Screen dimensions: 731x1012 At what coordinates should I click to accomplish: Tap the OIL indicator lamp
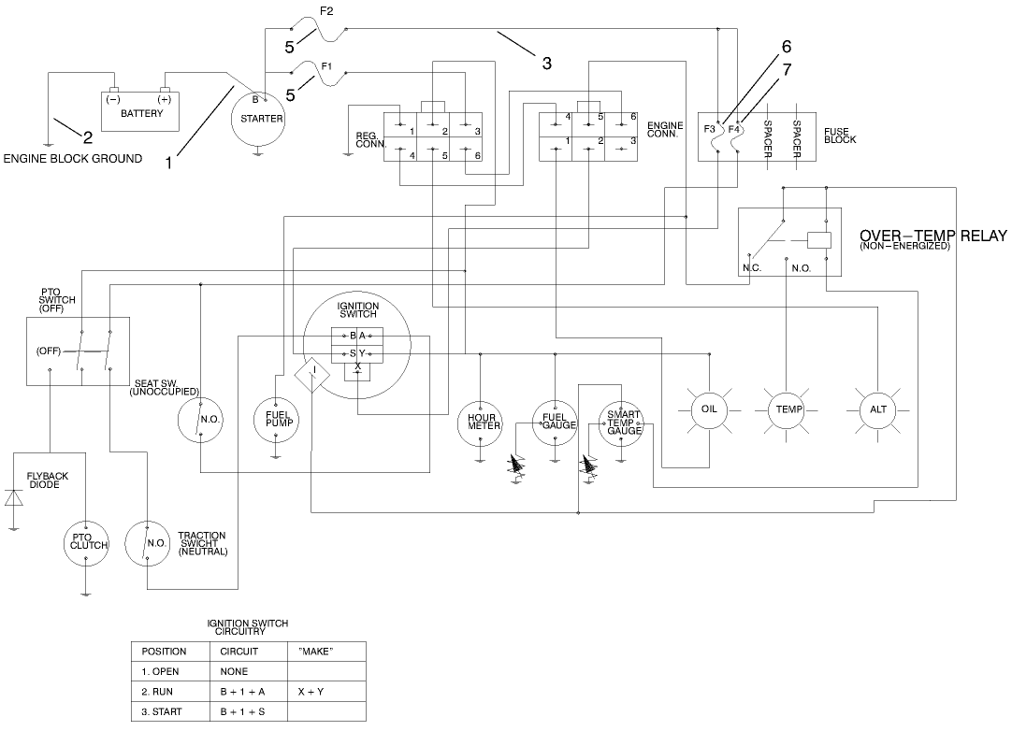[x=708, y=409]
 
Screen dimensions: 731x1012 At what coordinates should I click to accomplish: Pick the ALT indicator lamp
[x=877, y=409]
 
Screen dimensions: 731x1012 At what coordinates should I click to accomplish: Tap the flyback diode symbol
[x=13, y=497]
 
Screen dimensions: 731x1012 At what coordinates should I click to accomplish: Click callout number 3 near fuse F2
[x=547, y=64]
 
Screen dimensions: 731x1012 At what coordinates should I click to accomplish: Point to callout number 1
[x=169, y=163]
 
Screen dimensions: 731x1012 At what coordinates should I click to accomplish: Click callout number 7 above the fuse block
[x=787, y=69]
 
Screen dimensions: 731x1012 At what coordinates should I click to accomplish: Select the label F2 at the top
[x=326, y=11]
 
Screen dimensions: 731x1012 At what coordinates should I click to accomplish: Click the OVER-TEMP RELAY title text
[x=932, y=236]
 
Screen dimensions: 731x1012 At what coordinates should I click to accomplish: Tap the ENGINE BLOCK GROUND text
[x=73, y=159]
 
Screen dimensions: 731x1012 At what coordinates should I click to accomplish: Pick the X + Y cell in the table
[x=311, y=692]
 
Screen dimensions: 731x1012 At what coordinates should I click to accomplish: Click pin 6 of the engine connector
[x=633, y=116]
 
